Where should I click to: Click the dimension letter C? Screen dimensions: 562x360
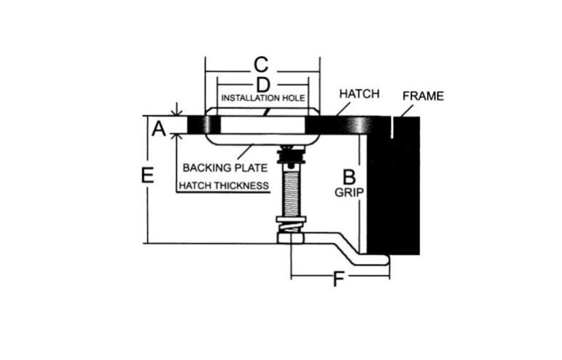click(261, 65)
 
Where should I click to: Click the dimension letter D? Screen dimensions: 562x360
click(263, 85)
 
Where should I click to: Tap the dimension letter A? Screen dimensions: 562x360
click(159, 129)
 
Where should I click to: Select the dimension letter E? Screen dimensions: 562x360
click(147, 175)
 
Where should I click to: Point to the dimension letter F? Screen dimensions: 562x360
click(338, 280)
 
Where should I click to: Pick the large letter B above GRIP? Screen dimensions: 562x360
click(349, 177)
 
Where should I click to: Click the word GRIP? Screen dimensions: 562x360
click(349, 192)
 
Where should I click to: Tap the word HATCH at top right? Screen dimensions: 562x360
click(359, 94)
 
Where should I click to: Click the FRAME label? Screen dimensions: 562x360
click(423, 96)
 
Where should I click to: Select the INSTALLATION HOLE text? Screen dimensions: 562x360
click(263, 98)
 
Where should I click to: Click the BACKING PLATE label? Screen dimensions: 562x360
click(225, 168)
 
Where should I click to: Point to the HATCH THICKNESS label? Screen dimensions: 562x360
click(224, 186)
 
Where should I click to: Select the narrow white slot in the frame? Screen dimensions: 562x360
click(393, 128)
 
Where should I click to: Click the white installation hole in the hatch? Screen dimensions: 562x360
click(262, 125)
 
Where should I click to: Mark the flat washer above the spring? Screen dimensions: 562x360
click(291, 219)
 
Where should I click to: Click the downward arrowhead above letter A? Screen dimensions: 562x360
click(176, 113)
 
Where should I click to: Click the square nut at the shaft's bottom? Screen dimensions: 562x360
click(291, 238)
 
